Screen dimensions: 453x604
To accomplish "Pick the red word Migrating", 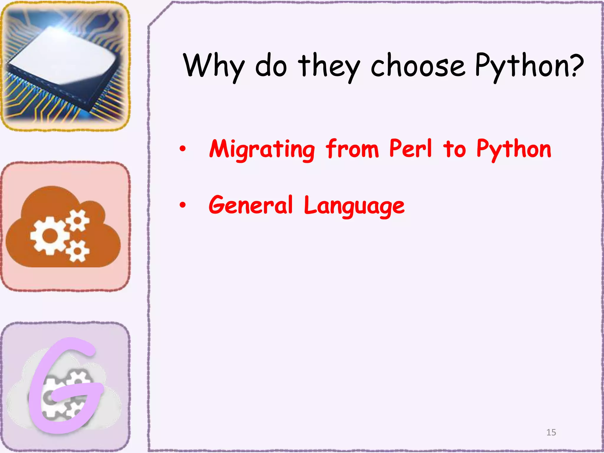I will (262, 149).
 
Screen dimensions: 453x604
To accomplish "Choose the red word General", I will (251, 205).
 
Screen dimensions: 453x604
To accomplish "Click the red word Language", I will (354, 206).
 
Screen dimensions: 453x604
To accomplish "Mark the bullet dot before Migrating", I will (183, 149).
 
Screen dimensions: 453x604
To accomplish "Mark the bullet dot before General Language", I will (183, 205).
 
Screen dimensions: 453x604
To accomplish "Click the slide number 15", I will (551, 432).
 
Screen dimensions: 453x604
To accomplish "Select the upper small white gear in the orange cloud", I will (78, 220).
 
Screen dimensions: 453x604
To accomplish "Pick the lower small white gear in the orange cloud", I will (77, 251).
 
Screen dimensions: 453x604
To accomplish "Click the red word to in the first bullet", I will (454, 149).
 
